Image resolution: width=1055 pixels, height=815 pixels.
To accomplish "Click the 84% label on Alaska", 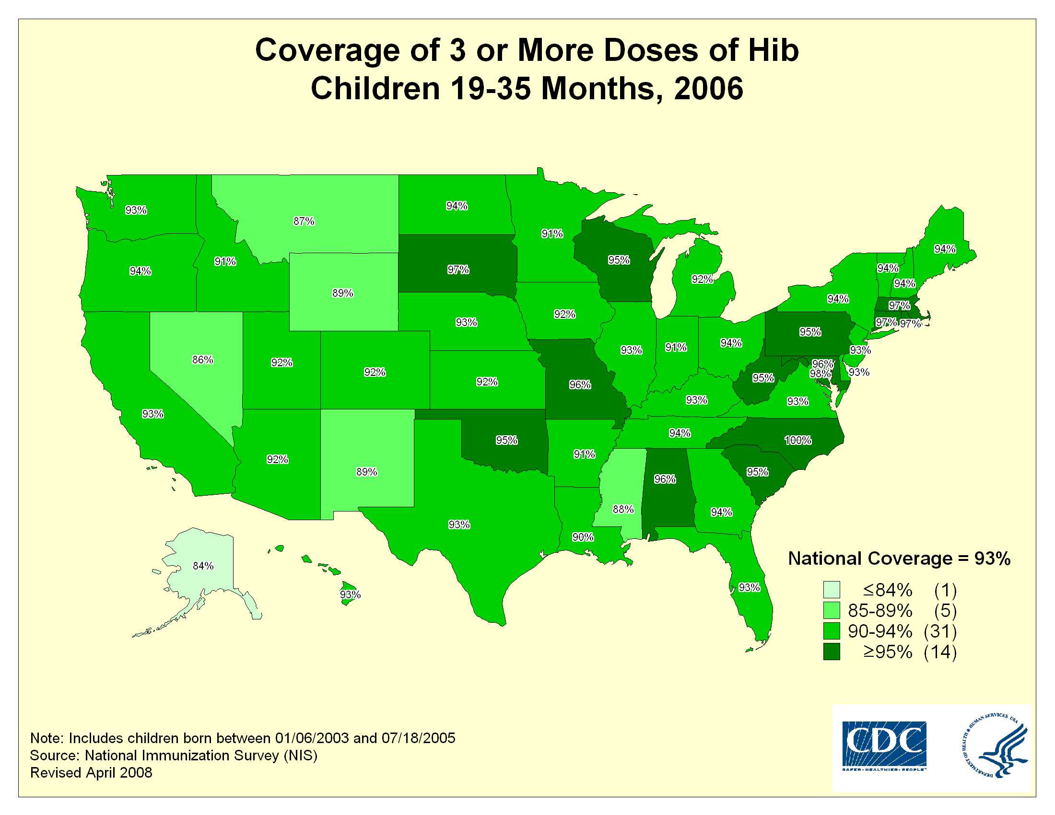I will tap(203, 566).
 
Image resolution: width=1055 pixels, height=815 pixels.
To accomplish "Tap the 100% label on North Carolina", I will tap(798, 440).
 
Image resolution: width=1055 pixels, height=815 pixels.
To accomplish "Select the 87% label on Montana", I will tap(304, 221).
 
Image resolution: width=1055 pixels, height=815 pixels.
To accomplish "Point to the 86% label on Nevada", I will tap(202, 360).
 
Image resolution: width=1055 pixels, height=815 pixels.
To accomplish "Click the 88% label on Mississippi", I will tap(623, 509).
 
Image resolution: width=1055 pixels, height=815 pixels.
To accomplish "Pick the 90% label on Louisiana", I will tap(583, 537).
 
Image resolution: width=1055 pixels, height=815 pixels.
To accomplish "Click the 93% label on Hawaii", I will tap(350, 595).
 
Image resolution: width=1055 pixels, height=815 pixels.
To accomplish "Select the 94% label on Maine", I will tap(945, 249).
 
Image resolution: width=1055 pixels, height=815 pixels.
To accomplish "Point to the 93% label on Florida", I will tap(749, 588).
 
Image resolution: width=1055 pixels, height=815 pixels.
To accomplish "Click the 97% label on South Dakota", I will tap(458, 270).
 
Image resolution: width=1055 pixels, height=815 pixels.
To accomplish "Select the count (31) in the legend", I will tap(940, 631).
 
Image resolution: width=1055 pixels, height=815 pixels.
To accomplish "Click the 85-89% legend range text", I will tap(880, 611).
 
